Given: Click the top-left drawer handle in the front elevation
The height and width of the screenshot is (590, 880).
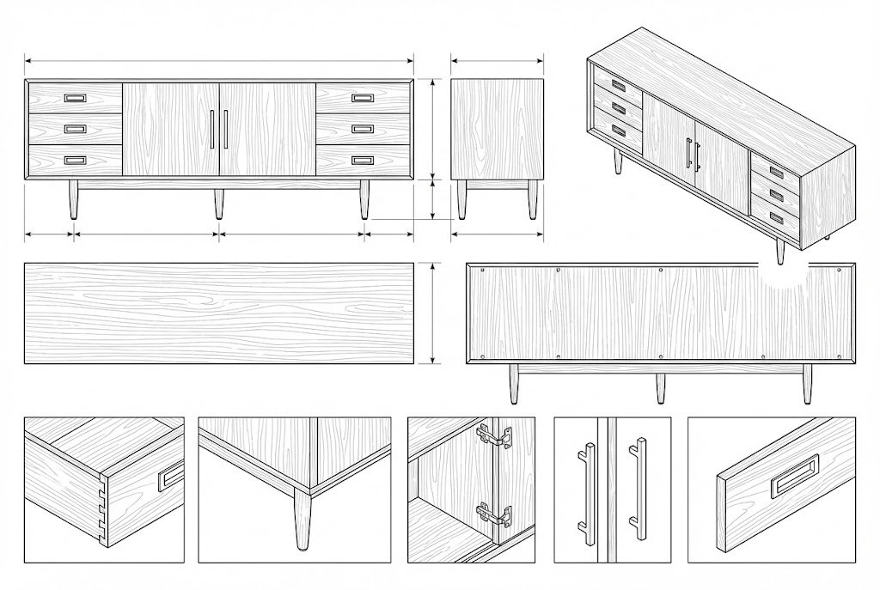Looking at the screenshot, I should [75, 98].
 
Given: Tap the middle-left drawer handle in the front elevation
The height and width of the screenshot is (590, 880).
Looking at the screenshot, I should [75, 129].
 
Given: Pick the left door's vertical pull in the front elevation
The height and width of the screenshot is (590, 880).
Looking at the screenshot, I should [211, 129].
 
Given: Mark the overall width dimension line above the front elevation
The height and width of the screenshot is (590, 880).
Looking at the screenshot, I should [219, 61].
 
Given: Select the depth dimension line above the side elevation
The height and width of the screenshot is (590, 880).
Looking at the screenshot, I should [498, 61].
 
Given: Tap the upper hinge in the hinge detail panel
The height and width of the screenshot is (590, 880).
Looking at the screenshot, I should [495, 437].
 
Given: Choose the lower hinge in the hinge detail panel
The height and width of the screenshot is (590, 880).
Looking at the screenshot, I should [493, 514].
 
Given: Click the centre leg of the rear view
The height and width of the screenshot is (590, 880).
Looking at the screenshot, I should [660, 387].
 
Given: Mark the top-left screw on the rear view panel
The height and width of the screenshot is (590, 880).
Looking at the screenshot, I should [483, 271].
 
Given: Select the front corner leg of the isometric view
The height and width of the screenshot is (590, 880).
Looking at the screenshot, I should [780, 250].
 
